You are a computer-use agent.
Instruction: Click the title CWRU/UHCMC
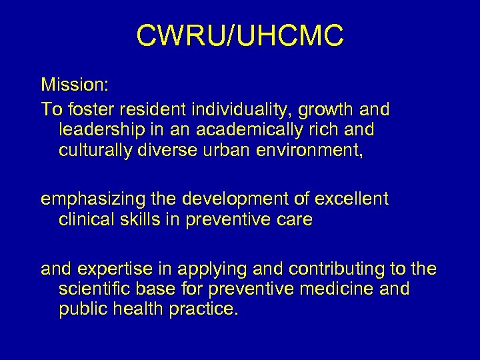240,37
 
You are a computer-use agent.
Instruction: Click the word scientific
97,289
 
